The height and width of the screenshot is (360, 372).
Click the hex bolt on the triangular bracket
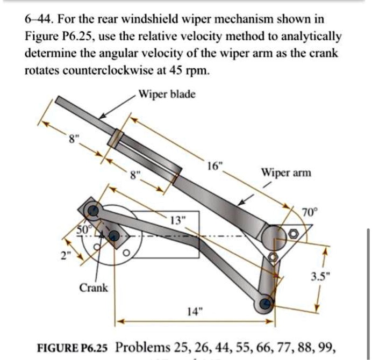(x=293, y=235)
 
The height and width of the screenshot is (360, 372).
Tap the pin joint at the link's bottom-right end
(x=265, y=305)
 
